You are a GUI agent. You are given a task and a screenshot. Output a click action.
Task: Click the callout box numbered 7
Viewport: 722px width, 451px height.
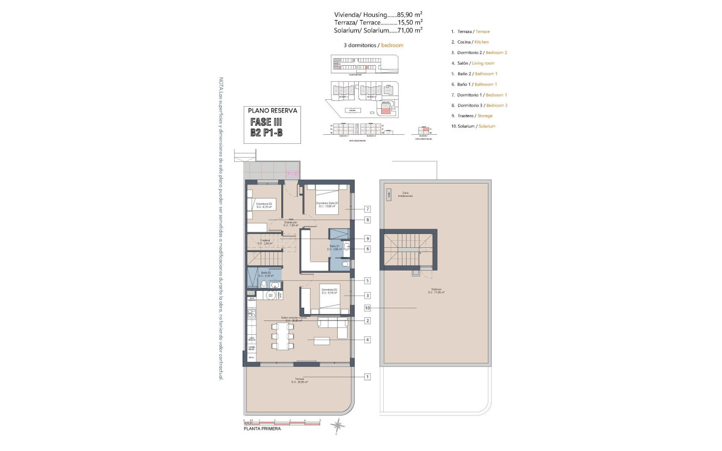point(367,209)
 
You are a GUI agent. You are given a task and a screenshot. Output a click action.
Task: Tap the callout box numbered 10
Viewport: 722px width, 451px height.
point(367,308)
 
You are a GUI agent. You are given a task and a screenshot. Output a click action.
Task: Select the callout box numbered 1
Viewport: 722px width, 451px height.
point(367,377)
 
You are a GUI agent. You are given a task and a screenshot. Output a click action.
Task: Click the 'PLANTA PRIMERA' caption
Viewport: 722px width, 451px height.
point(262,429)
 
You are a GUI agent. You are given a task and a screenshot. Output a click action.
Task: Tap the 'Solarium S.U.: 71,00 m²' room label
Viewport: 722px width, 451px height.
point(436,291)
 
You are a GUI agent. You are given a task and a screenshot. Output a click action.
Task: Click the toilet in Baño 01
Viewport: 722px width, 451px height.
point(345,263)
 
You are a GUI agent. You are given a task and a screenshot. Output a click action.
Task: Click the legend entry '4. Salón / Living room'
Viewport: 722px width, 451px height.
point(472,63)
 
